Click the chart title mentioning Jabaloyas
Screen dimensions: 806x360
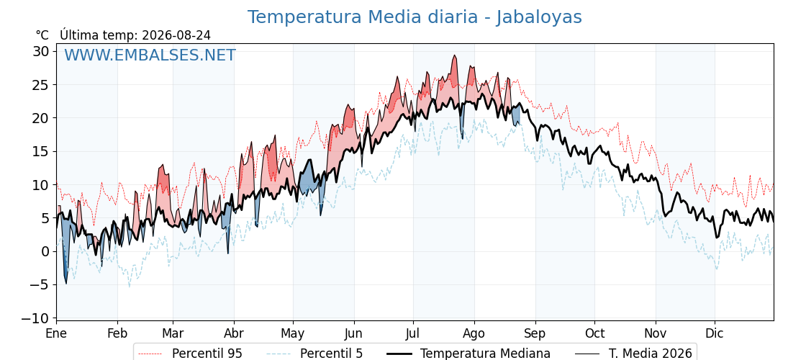415,17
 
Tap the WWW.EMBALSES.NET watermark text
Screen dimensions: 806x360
150,55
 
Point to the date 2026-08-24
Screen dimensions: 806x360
176,35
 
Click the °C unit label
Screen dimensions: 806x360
42,35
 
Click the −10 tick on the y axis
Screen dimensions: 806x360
35,318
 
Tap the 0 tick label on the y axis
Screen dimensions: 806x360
46,251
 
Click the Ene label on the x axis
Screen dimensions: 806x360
56,333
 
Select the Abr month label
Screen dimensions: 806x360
234,333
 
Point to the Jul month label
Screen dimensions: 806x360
413,333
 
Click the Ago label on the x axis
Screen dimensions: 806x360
474,334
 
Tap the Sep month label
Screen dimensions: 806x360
535,334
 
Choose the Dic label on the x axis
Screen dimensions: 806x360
715,333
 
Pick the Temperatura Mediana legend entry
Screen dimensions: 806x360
468,354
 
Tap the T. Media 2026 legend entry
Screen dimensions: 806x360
634,354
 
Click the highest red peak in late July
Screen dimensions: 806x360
454,55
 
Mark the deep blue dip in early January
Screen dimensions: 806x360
65,283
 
